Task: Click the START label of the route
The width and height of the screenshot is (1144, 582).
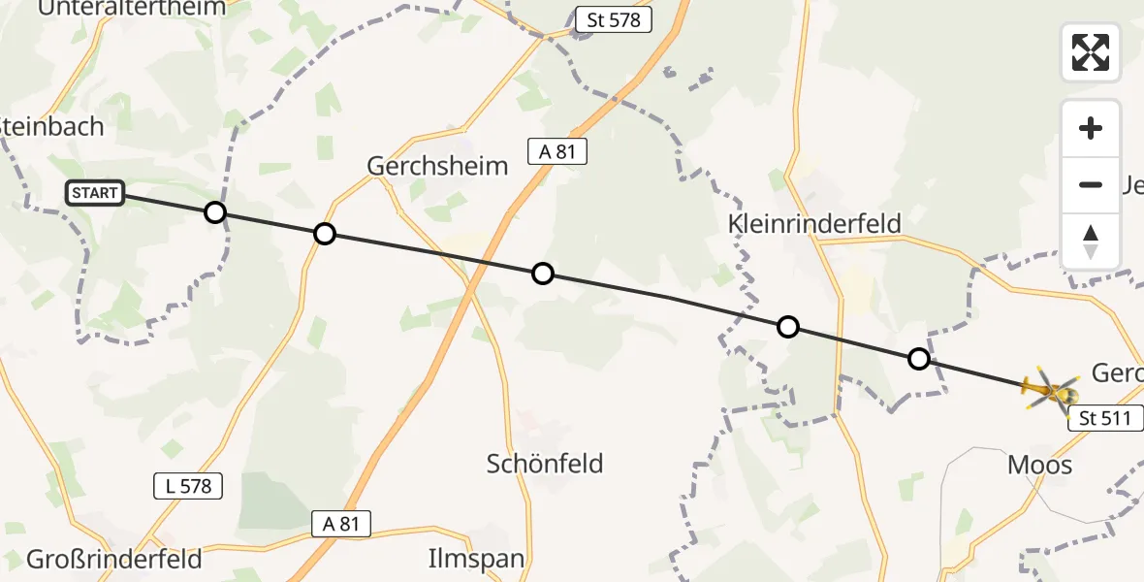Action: pyautogui.click(x=94, y=193)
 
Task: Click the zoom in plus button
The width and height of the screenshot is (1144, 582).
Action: pyautogui.click(x=1091, y=129)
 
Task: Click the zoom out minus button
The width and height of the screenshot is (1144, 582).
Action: pyautogui.click(x=1091, y=184)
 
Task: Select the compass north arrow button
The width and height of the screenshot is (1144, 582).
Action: pyautogui.click(x=1091, y=241)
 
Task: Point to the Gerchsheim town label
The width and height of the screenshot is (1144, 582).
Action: pyautogui.click(x=437, y=166)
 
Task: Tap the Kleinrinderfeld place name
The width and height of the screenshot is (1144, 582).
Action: pyautogui.click(x=814, y=224)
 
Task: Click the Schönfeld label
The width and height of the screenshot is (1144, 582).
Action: pyautogui.click(x=545, y=464)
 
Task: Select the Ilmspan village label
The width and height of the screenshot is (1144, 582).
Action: pyautogui.click(x=476, y=559)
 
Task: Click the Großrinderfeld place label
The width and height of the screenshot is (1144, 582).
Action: pyautogui.click(x=114, y=560)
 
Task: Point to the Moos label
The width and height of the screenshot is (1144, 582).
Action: pyautogui.click(x=1040, y=466)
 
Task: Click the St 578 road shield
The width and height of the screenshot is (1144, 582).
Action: pyautogui.click(x=613, y=19)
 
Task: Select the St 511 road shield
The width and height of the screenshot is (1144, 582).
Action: pyautogui.click(x=1105, y=419)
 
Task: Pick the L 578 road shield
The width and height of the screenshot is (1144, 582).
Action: pyautogui.click(x=188, y=486)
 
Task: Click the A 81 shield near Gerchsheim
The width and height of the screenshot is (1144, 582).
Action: pyautogui.click(x=557, y=150)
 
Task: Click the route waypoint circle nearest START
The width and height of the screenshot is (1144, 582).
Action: pyautogui.click(x=215, y=212)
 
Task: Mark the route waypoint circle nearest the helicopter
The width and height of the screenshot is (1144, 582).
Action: pyautogui.click(x=918, y=360)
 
